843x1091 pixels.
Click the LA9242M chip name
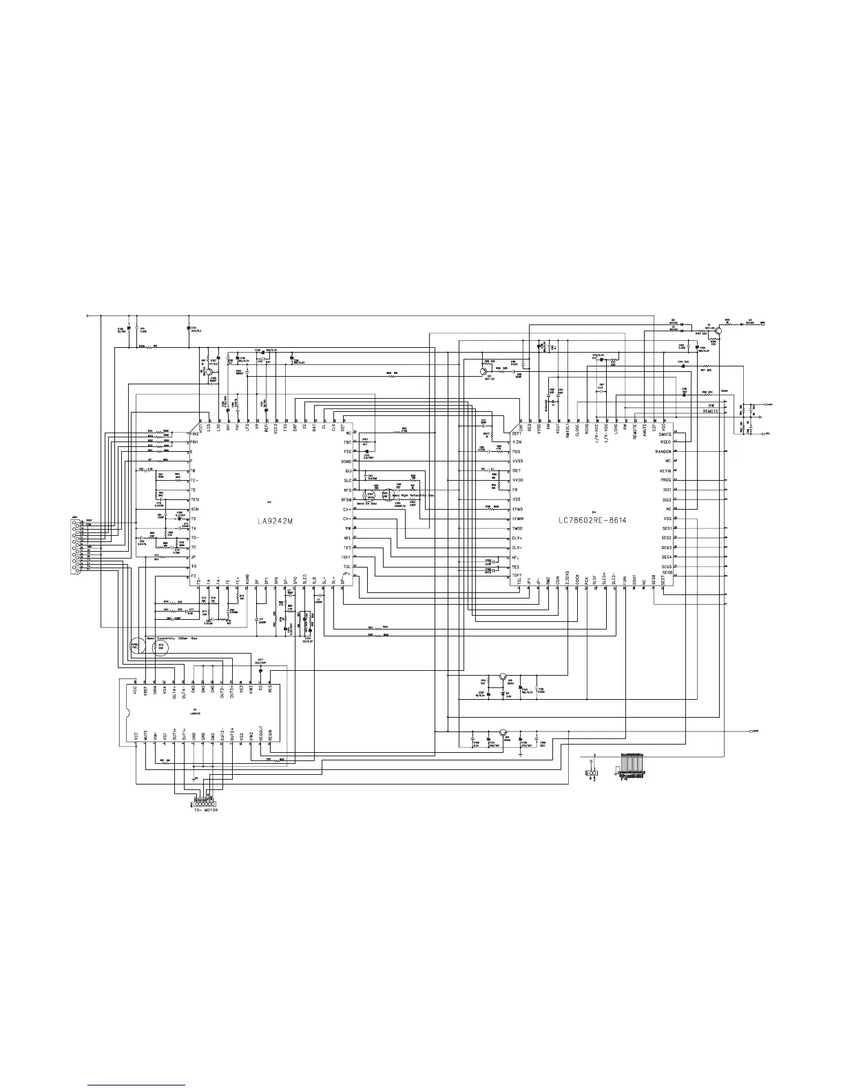pyautogui.click(x=271, y=521)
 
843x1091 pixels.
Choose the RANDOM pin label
pyautogui.click(x=663, y=451)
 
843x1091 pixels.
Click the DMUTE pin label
pyautogui.click(x=665, y=434)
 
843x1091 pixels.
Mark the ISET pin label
pyautogui.click(x=517, y=470)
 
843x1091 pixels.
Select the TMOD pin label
pyautogui.click(x=517, y=528)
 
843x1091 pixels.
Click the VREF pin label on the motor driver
pyautogui.click(x=145, y=692)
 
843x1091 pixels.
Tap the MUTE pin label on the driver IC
pyautogui.click(x=145, y=736)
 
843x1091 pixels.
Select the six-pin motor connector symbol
pyautogui.click(x=205, y=803)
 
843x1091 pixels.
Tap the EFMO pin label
pyautogui.click(x=518, y=509)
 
